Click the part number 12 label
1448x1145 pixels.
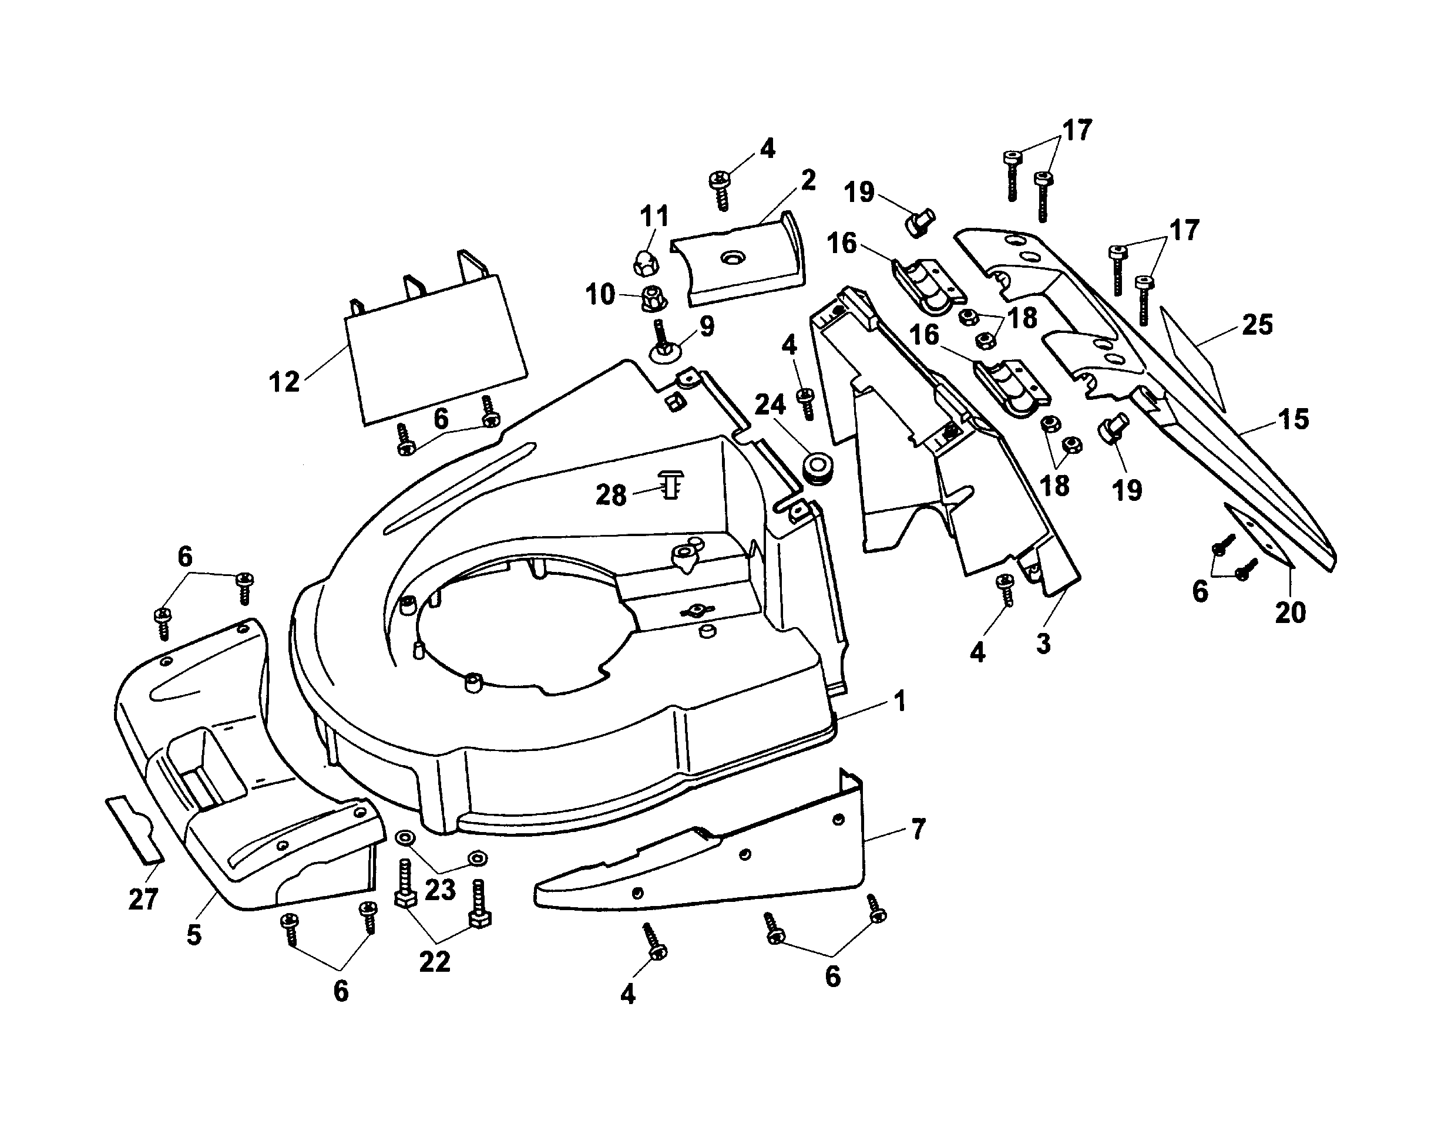click(x=284, y=383)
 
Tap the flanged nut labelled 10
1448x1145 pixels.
click(x=650, y=298)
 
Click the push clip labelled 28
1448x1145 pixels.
click(x=672, y=483)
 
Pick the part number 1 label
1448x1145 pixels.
click(x=900, y=702)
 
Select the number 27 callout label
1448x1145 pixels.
click(x=143, y=899)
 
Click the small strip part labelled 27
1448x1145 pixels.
click(x=135, y=829)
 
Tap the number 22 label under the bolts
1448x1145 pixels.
click(x=434, y=962)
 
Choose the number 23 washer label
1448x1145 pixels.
click(x=440, y=890)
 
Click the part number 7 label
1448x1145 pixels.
click(x=918, y=829)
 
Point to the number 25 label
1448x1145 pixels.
click(x=1257, y=325)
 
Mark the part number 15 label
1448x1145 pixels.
click(x=1293, y=420)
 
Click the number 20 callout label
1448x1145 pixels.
click(x=1290, y=613)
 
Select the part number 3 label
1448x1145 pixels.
click(x=1043, y=644)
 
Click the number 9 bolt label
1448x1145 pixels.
click(x=706, y=326)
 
